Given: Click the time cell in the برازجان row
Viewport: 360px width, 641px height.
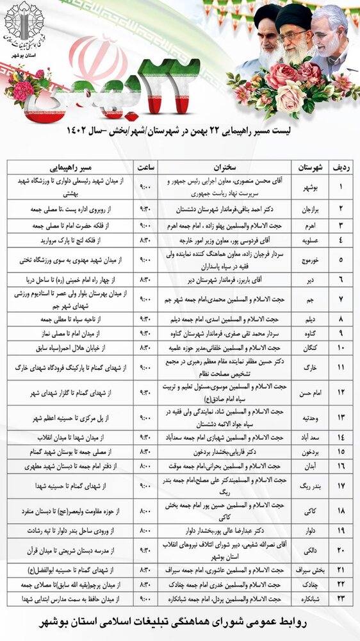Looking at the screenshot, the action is click(146, 209).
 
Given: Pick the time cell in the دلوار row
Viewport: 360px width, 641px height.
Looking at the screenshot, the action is click(146, 530).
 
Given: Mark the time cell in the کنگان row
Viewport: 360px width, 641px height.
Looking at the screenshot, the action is click(146, 347).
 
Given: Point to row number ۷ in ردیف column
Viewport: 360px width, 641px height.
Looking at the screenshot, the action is click(341, 299).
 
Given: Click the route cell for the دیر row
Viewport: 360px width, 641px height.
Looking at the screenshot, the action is click(70, 279).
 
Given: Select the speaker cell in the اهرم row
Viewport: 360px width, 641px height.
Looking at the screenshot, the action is click(225, 226).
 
